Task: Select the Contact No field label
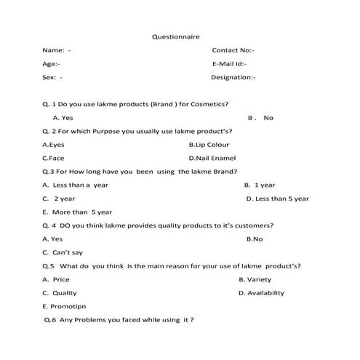click(233, 50)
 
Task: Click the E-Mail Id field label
click(233, 64)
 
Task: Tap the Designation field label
click(233, 77)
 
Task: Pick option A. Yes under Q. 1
click(63, 117)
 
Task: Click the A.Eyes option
click(53, 144)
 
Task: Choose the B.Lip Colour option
click(209, 144)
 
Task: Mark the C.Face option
click(53, 157)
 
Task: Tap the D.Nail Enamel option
click(212, 157)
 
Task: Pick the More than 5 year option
click(78, 212)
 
